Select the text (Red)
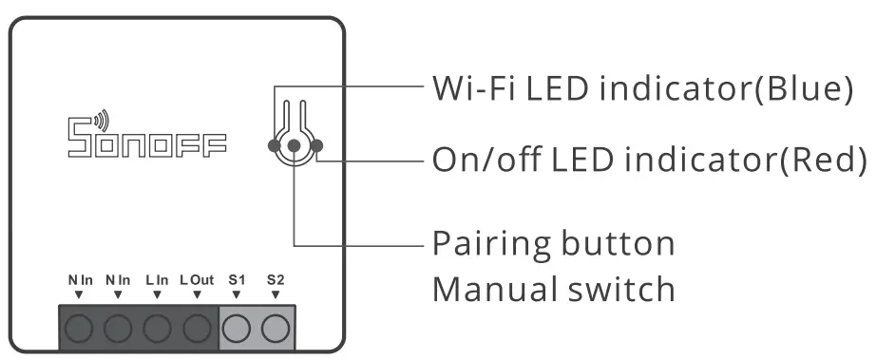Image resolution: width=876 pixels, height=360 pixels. (823, 160)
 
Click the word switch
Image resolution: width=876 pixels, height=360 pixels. (622, 288)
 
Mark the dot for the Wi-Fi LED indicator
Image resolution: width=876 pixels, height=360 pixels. (274, 145)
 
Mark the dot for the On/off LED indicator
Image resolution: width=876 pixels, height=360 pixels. (316, 145)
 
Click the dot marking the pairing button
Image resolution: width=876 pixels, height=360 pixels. (295, 145)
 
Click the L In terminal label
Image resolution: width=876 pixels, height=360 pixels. (158, 280)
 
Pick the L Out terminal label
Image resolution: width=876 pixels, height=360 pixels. (197, 280)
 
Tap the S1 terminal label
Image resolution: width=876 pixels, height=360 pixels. (237, 280)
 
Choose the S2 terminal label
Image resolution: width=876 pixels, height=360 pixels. (276, 280)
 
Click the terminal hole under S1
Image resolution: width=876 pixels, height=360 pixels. (237, 329)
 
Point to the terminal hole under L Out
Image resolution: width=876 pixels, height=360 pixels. (197, 329)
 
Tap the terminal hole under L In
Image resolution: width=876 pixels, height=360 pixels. (158, 329)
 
